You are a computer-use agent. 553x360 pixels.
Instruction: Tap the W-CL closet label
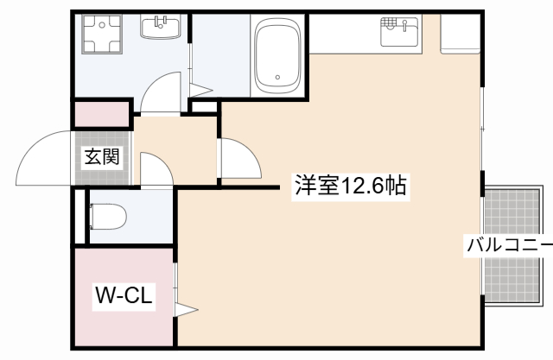[x=124, y=296]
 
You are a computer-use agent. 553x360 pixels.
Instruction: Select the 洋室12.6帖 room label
[x=351, y=186]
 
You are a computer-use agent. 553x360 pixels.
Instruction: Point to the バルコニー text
[x=509, y=244]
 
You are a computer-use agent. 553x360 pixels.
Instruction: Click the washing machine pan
[x=100, y=36]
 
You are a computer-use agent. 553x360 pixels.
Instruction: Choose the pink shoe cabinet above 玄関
[x=101, y=112]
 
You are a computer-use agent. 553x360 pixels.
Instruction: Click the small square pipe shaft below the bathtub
[x=204, y=106]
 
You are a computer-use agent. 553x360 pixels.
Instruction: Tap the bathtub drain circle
[x=277, y=78]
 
